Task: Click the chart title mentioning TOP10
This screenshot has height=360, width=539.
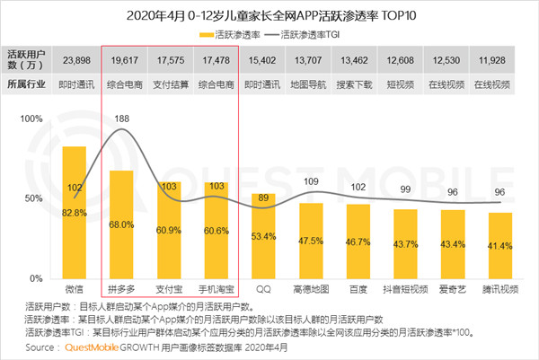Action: coord(269,15)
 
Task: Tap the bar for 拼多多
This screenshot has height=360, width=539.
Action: coord(121,224)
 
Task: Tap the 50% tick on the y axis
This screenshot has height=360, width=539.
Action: coord(33,198)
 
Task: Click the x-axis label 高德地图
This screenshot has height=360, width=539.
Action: coord(311,289)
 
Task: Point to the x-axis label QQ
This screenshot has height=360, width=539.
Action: coord(263,289)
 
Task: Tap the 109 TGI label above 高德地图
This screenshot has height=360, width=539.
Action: coord(311,182)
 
